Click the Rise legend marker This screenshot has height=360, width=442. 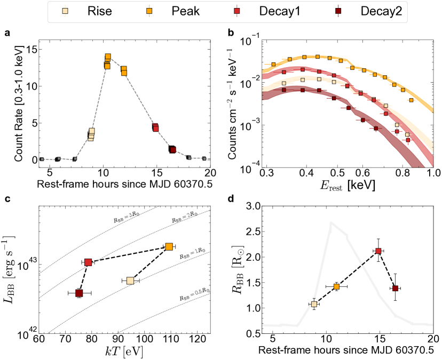pos(65,11)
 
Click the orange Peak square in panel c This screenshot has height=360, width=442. pos(169,246)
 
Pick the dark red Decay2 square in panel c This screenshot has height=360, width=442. pos(79,293)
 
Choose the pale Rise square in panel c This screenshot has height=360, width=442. pos(130,281)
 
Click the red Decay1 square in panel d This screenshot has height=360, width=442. pos(378,251)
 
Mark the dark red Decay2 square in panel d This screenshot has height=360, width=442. pos(395,288)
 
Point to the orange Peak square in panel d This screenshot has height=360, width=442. pos(336,286)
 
